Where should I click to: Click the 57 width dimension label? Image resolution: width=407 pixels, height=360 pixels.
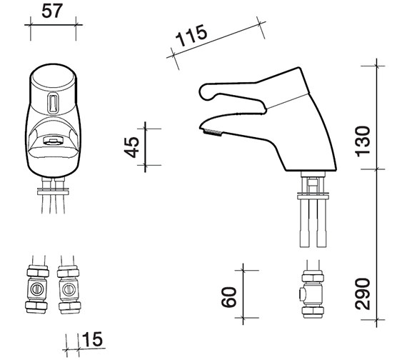52,11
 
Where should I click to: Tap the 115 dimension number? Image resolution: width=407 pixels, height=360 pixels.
191,35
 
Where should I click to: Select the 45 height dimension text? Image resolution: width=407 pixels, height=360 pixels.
132,147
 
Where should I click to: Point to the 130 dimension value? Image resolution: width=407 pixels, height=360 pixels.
363,141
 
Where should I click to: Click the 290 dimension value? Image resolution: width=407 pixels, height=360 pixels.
362,294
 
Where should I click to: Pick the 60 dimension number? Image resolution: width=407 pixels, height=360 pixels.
229,297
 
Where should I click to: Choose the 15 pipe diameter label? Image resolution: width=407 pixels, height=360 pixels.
92,339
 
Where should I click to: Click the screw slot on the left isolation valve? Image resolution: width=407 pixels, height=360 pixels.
36,289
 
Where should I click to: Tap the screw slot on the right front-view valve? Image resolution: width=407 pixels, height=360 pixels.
68,289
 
